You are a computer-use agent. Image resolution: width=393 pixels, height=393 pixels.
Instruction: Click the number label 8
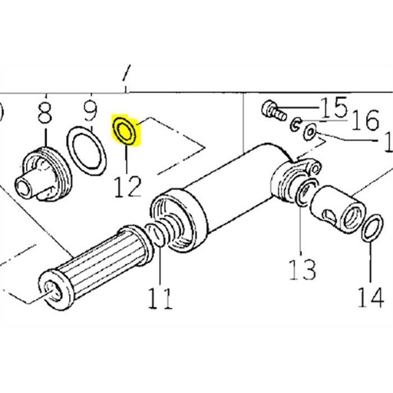click(45, 117)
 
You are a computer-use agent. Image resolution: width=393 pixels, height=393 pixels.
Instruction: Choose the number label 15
click(335, 107)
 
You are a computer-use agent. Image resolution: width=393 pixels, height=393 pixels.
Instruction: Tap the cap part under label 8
click(44, 175)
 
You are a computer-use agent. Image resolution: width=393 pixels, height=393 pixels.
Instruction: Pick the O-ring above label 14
click(371, 229)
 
